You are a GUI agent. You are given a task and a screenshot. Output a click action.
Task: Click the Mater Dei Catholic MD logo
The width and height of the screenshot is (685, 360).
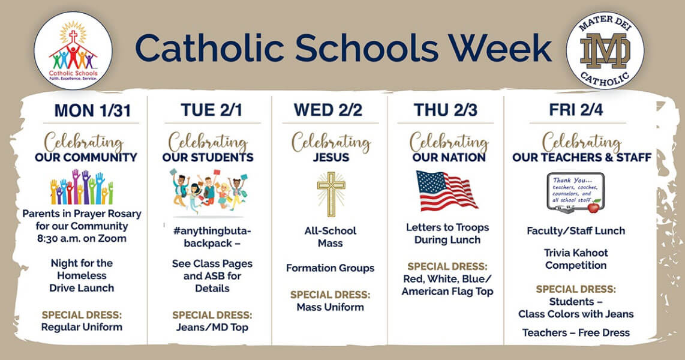pos(605,50)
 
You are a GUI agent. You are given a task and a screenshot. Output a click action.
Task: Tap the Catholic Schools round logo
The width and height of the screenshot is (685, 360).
pos(73,50)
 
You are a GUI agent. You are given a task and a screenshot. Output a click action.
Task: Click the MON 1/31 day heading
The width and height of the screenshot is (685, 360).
pos(92,110)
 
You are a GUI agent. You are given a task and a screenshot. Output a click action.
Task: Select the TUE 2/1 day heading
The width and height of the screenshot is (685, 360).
pos(212,110)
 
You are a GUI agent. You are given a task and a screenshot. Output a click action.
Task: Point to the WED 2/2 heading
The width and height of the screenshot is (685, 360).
pos(328,110)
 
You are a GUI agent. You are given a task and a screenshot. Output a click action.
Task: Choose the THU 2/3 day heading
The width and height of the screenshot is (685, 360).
pos(446,110)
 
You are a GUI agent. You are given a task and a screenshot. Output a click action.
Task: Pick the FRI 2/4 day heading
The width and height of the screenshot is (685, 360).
pos(576,110)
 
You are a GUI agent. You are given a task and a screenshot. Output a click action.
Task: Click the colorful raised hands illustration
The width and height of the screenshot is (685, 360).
pos(82,187)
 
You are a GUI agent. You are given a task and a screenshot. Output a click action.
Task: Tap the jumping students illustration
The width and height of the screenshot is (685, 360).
pos(209,193)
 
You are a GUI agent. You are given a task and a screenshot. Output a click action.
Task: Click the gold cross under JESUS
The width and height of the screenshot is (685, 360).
pos(331,194)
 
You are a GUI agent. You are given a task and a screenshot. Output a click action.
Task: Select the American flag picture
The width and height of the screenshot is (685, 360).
pos(446,190)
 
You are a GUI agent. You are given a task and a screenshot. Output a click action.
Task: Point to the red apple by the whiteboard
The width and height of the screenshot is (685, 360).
pos(594,206)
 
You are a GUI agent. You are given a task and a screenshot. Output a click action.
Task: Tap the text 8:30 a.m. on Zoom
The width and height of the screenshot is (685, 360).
pos(82,239)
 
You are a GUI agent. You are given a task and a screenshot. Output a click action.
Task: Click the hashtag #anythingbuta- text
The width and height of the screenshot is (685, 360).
pos(212,230)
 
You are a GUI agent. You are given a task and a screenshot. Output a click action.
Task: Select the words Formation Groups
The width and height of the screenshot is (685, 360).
pos(331,268)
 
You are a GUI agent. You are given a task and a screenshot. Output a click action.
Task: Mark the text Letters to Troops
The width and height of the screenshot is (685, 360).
pos(447,227)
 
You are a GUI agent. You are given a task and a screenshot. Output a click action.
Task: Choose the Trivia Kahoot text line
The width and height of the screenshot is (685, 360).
pos(576,253)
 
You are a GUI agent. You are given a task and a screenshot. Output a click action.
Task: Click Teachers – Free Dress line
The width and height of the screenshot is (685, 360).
pos(576,333)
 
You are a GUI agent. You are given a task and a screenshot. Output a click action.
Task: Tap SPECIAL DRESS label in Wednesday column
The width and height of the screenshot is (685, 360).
pos(331,295)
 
